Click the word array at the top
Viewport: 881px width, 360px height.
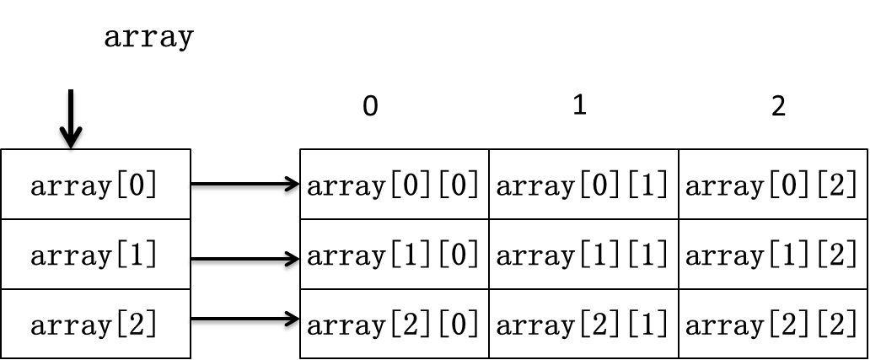pyautogui.click(x=149, y=38)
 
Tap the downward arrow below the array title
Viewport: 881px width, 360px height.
pyautogui.click(x=71, y=119)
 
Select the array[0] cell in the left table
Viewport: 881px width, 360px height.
pyautogui.click(x=95, y=184)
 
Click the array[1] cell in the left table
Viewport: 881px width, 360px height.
pyautogui.click(x=95, y=255)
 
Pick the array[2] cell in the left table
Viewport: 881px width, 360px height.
pyautogui.click(x=95, y=324)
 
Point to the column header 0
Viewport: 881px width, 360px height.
pyautogui.click(x=370, y=105)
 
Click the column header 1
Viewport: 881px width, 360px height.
pyautogui.click(x=580, y=105)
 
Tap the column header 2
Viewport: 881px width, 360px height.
pyautogui.click(x=778, y=105)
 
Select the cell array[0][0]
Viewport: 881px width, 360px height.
pyautogui.click(x=395, y=184)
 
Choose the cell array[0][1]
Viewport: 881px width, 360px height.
pyautogui.click(x=583, y=184)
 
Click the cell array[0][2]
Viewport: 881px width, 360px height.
pyautogui.click(x=773, y=184)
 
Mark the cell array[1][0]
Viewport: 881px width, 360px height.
pyautogui.click(x=395, y=255)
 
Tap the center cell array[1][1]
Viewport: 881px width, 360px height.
pyautogui.click(x=583, y=255)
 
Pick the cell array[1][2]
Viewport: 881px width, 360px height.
pyautogui.click(x=773, y=255)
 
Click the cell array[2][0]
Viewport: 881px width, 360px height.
pyautogui.click(x=395, y=324)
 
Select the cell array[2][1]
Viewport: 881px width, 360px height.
pyautogui.click(x=583, y=324)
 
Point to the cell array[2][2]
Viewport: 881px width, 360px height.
pyautogui.click(x=773, y=324)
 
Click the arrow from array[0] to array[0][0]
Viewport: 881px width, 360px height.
pyautogui.click(x=245, y=184)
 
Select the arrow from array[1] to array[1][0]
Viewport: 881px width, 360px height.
pyautogui.click(x=245, y=259)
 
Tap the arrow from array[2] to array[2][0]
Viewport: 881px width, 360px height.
pyautogui.click(x=245, y=319)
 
